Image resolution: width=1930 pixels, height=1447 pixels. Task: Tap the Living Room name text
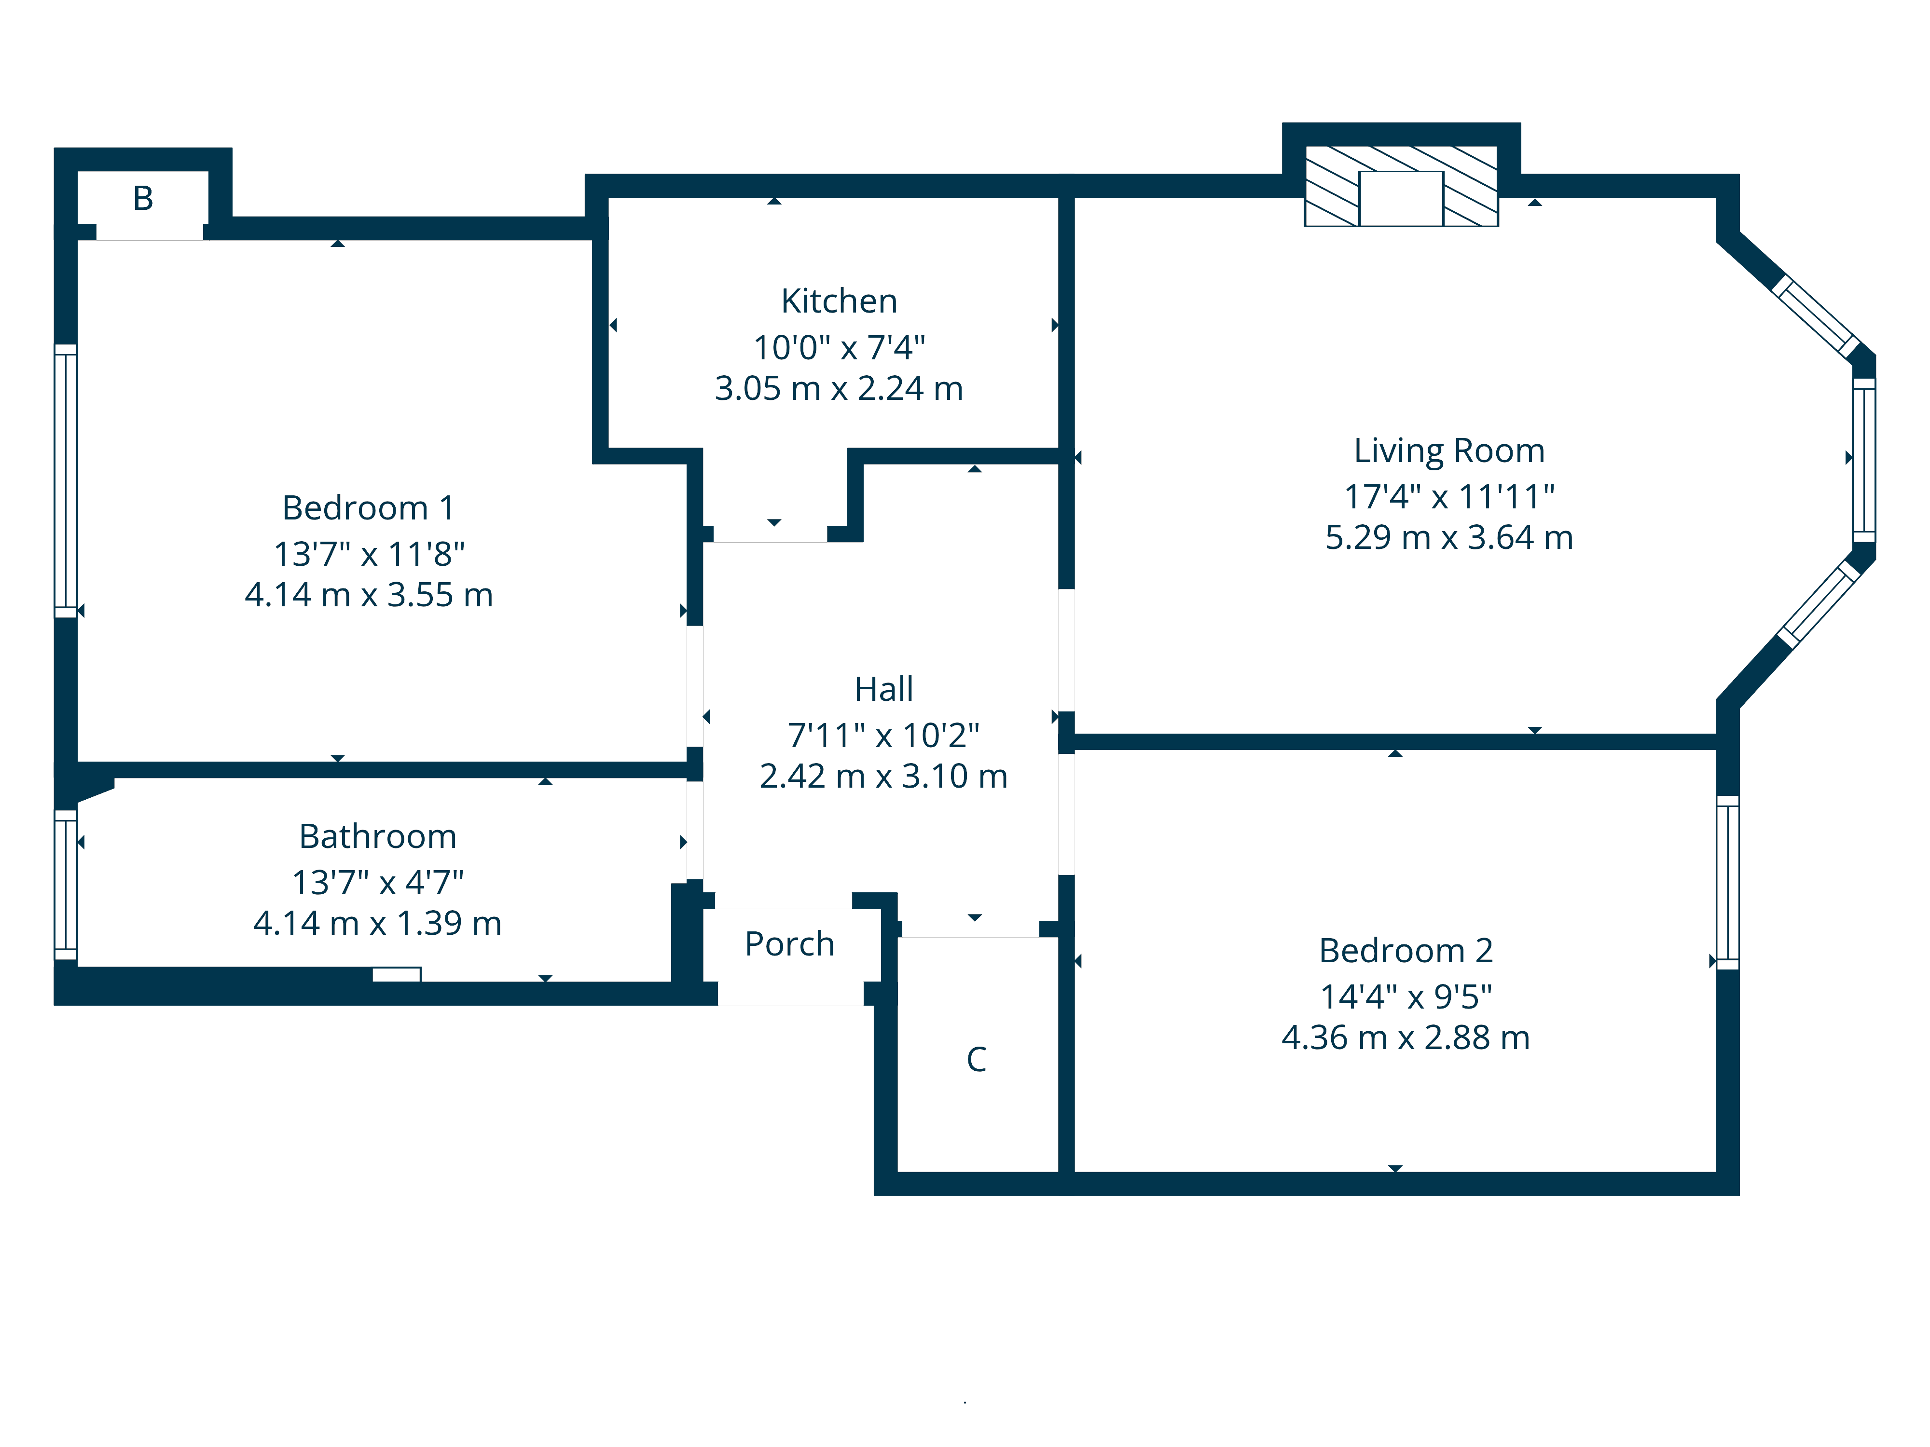[x=1449, y=451]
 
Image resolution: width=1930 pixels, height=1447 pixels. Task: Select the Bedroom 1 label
[x=368, y=507]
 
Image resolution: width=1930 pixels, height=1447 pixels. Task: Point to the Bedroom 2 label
[x=1406, y=951]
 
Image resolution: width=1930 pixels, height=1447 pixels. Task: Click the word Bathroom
[x=378, y=836]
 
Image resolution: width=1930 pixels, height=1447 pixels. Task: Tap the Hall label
[x=884, y=689]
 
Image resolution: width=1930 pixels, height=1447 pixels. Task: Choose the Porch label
[x=790, y=944]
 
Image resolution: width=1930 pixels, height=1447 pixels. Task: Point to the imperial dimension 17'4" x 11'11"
[x=1449, y=496]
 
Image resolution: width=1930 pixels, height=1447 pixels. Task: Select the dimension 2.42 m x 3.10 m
[x=884, y=776]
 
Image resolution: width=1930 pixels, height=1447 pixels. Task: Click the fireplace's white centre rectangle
[x=1401, y=199]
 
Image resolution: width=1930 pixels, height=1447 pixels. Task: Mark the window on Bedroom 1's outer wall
[x=66, y=480]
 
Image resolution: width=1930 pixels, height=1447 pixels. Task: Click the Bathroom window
[x=66, y=885]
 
